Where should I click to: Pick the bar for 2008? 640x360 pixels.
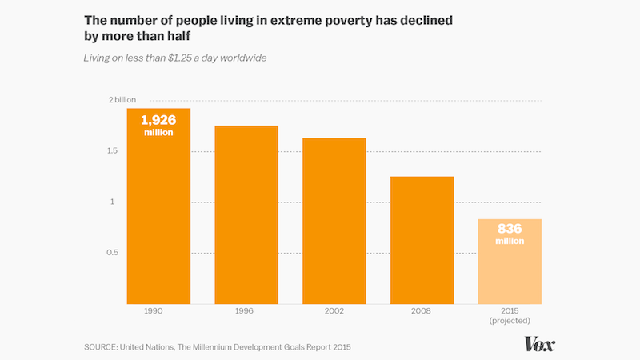[422, 240]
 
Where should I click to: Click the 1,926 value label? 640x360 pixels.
[158, 120]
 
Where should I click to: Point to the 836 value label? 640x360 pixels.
[510, 229]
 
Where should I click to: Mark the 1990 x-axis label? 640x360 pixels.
[158, 311]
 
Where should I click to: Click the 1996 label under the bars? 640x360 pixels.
[246, 311]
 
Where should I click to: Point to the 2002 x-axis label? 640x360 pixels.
[334, 311]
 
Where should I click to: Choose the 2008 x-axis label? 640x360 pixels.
[422, 311]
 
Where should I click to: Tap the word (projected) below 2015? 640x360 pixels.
[510, 322]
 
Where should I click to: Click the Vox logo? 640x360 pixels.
[540, 344]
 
